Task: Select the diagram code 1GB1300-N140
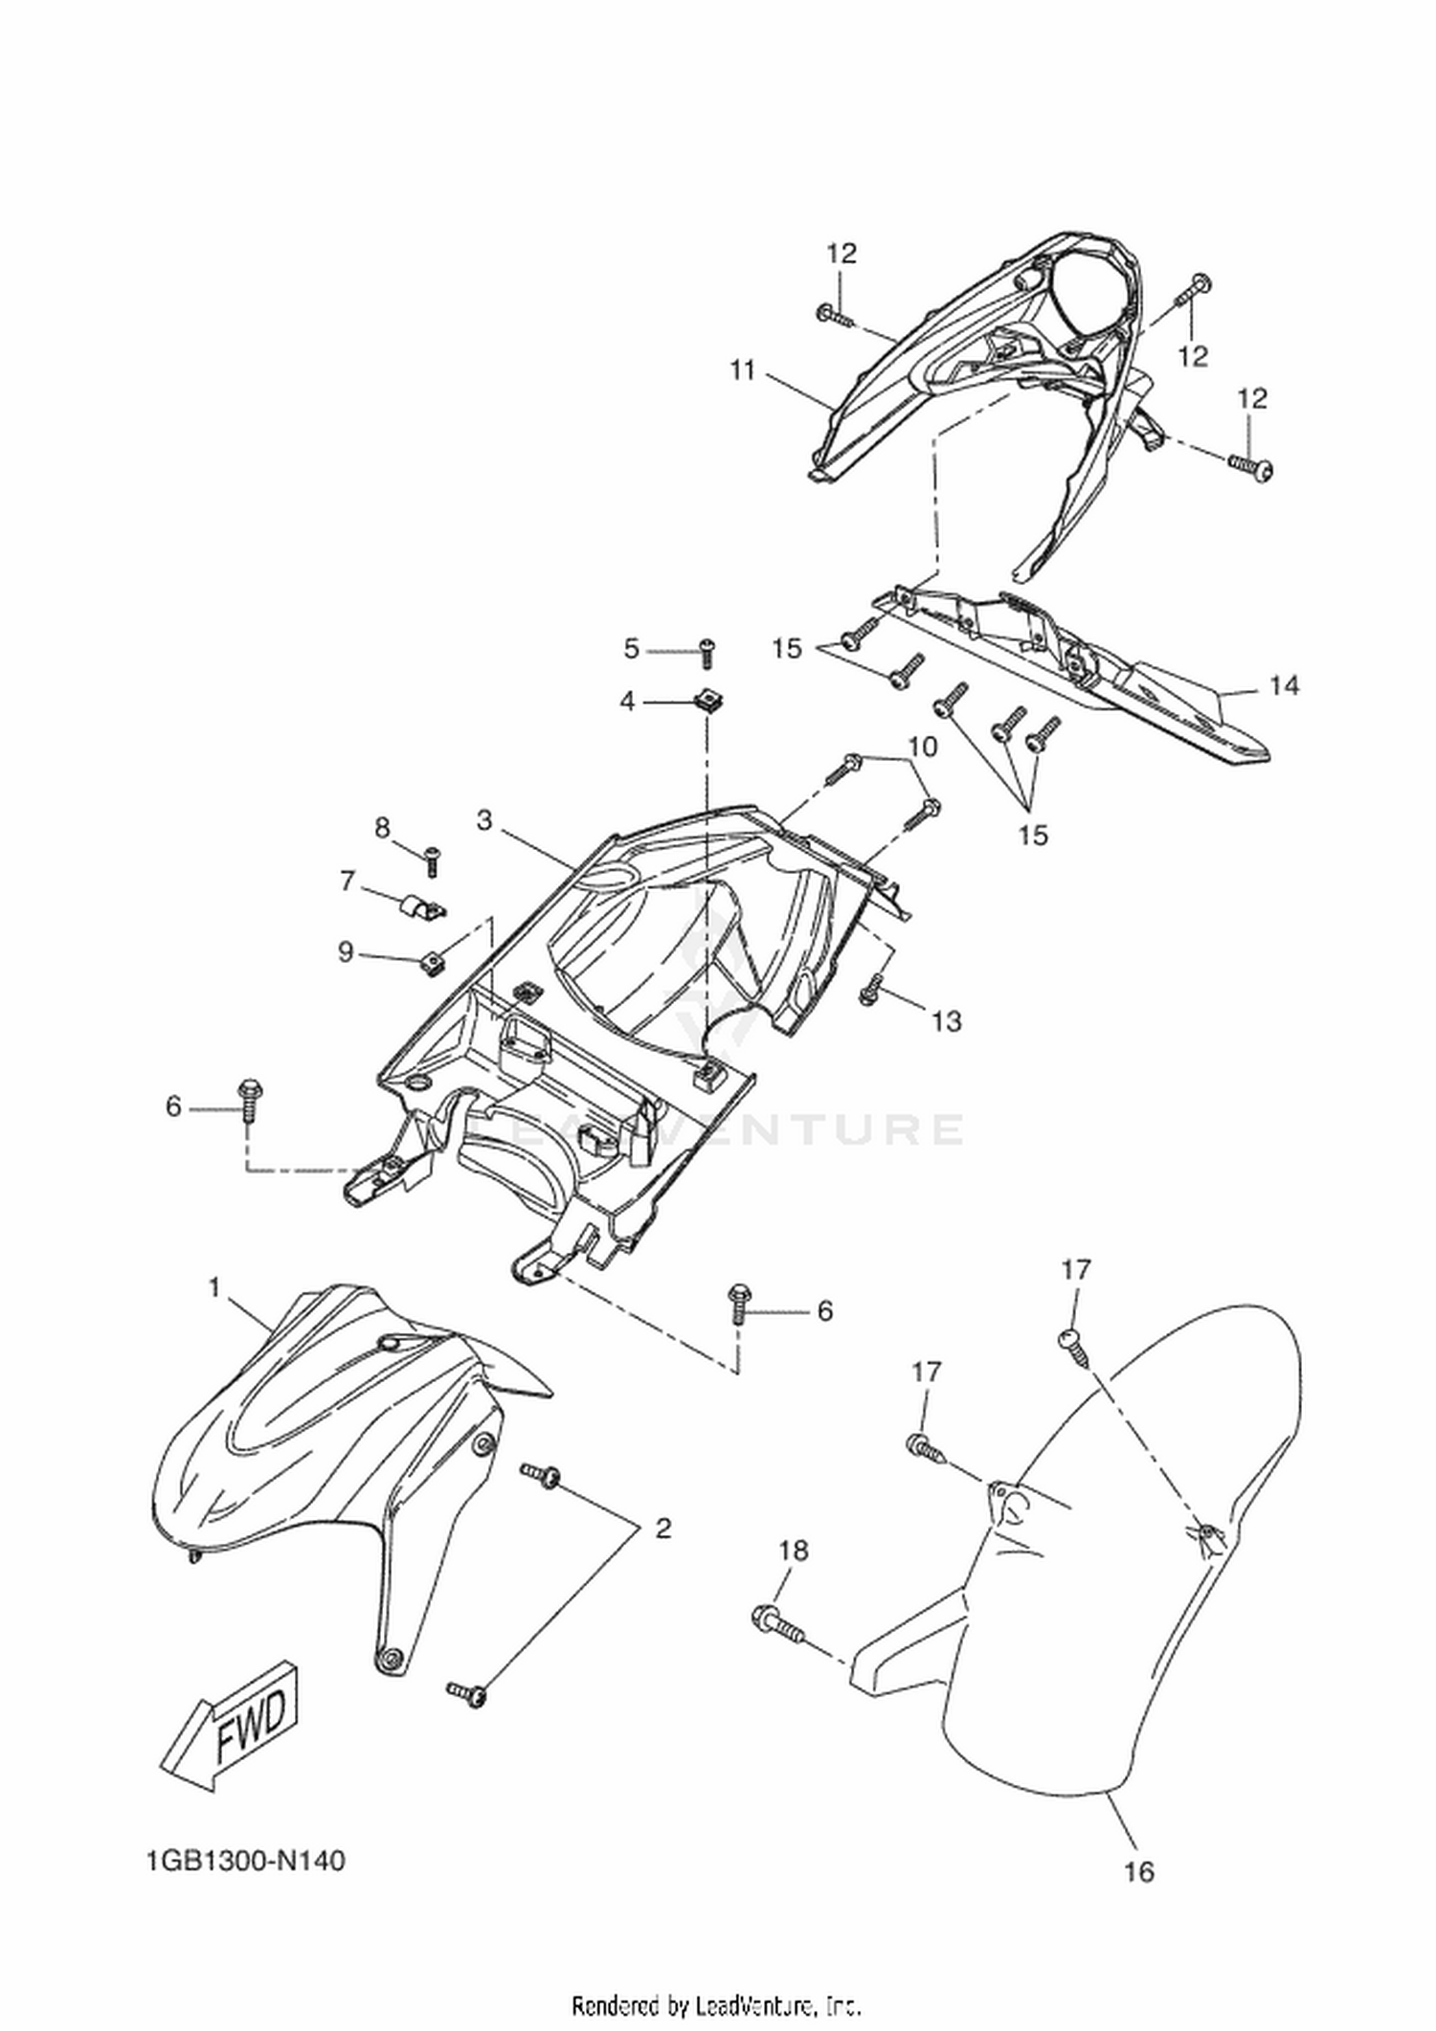click(x=246, y=1861)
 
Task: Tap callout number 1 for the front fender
click(x=214, y=1288)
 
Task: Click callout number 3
click(x=484, y=821)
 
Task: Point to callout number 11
click(x=743, y=370)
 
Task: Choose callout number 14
click(x=1285, y=685)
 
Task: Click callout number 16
click(x=1139, y=1871)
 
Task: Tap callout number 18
click(x=795, y=1551)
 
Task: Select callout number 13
click(x=946, y=1022)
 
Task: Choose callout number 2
click(x=663, y=1529)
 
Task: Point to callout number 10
click(x=923, y=746)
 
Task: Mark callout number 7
click(x=348, y=881)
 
